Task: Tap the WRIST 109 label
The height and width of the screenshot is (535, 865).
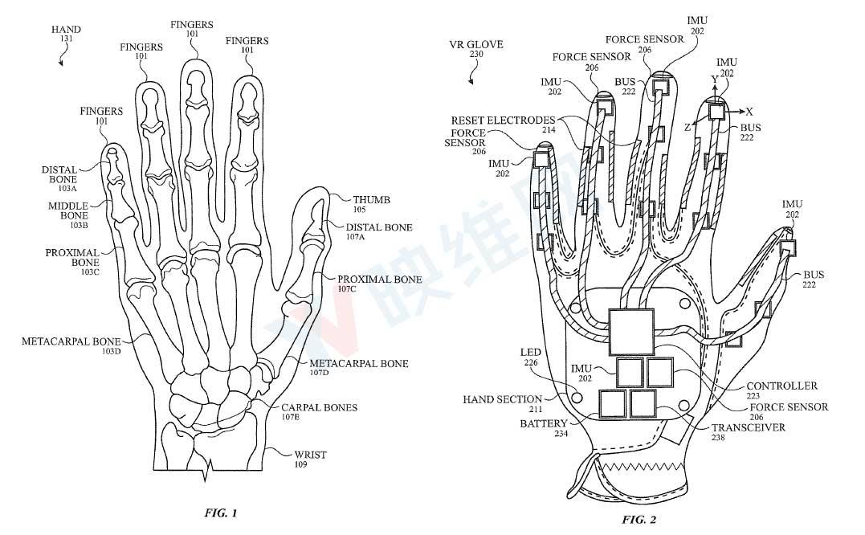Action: tap(310, 459)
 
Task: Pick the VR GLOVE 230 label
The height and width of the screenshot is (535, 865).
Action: tap(476, 49)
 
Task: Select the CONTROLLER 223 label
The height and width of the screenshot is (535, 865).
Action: tap(781, 390)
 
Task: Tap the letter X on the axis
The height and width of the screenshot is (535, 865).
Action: tap(749, 110)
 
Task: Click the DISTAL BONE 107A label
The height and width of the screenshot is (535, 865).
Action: tap(380, 232)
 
